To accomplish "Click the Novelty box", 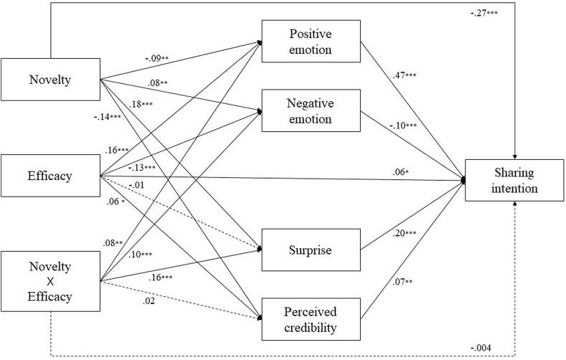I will (49, 79).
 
